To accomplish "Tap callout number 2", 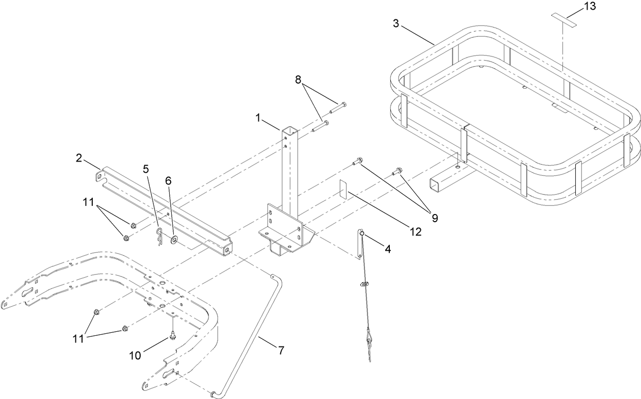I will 79,157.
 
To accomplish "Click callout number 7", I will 281,350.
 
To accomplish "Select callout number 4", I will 389,250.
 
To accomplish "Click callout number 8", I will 298,79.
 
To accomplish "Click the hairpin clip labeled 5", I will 159,238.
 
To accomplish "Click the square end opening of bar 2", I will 225,250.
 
